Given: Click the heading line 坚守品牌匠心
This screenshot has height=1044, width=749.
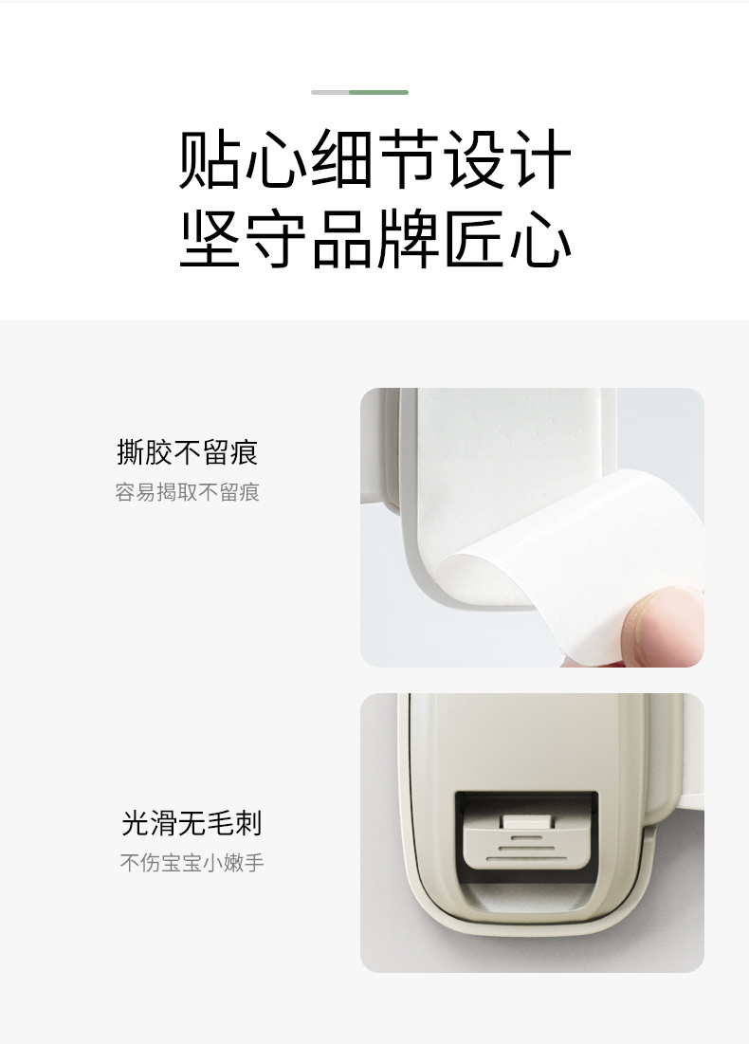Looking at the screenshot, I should coord(374,239).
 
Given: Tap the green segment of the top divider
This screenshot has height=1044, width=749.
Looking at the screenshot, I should coord(378,92).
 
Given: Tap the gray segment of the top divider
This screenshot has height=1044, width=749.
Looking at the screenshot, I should coord(330,92).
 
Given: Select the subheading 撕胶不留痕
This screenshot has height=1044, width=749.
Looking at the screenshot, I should coord(187,453).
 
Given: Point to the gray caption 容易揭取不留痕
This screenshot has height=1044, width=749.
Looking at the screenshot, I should coord(187,493).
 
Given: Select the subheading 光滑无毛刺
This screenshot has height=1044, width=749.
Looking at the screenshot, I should coord(191,823).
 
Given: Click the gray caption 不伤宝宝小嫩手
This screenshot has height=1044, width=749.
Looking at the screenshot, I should coord(191,864).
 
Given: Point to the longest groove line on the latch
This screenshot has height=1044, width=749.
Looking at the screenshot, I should coord(526,859).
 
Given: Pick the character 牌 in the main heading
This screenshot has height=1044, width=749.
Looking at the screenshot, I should coord(409,239).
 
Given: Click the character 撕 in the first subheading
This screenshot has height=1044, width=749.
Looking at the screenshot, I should coord(130,453).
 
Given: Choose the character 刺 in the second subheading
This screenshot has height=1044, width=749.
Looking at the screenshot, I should coord(248,823).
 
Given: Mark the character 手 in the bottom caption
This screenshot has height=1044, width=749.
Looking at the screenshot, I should coord(253,864).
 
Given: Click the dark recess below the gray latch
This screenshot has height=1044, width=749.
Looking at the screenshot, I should coord(526,891).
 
